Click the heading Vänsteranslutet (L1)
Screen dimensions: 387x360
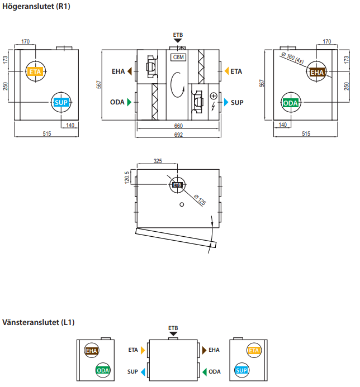tap(38, 322)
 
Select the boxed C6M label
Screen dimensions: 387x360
tap(179, 57)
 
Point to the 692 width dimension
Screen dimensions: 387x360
tap(178, 135)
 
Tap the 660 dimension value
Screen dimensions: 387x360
tap(178, 126)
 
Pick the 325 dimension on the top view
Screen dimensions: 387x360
tap(157, 161)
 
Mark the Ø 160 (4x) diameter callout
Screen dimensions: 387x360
tap(292, 57)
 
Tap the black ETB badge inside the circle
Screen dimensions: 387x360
tap(177, 185)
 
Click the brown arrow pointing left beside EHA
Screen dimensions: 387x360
tap(130, 71)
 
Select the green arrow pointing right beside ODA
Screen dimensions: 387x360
tap(130, 102)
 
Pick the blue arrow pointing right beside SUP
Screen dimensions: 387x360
tap(226, 102)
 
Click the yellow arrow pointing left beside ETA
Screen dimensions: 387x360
tap(226, 71)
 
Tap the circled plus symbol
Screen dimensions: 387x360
tap(213, 96)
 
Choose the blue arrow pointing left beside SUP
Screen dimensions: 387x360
tap(143, 371)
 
